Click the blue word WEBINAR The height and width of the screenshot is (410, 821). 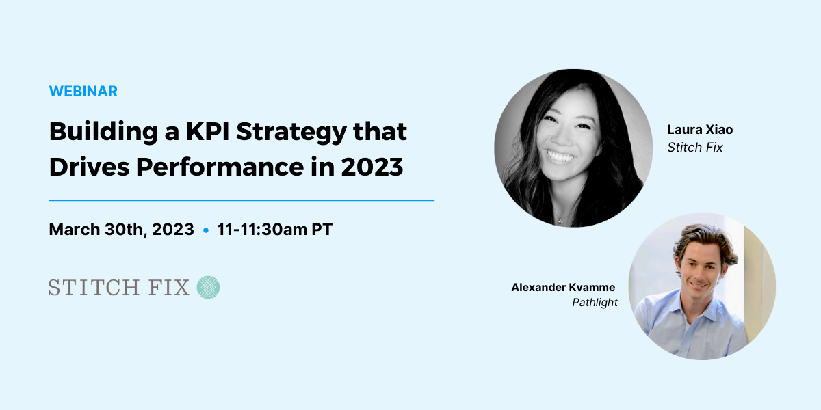click(x=83, y=91)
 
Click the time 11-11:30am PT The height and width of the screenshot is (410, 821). click(x=275, y=230)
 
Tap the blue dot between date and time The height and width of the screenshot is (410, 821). click(x=206, y=230)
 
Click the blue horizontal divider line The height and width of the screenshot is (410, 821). click(x=242, y=200)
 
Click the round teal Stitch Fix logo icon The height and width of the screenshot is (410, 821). click(x=208, y=287)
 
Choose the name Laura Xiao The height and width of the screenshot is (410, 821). click(x=700, y=130)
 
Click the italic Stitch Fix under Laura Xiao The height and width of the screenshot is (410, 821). click(x=695, y=147)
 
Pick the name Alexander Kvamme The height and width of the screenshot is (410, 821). click(x=563, y=287)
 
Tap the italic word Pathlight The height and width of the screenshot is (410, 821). click(x=595, y=302)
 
